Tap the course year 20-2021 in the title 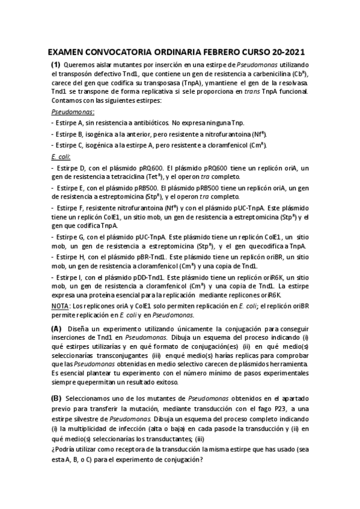click(x=290, y=52)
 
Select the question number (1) click(x=55, y=64)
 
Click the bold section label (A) click(x=56, y=329)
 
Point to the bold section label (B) click(x=56, y=398)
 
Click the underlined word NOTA click(x=59, y=306)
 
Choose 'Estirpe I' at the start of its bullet click(x=71, y=277)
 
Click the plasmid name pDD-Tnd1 click(x=163, y=277)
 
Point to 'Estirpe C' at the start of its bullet click(x=72, y=145)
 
